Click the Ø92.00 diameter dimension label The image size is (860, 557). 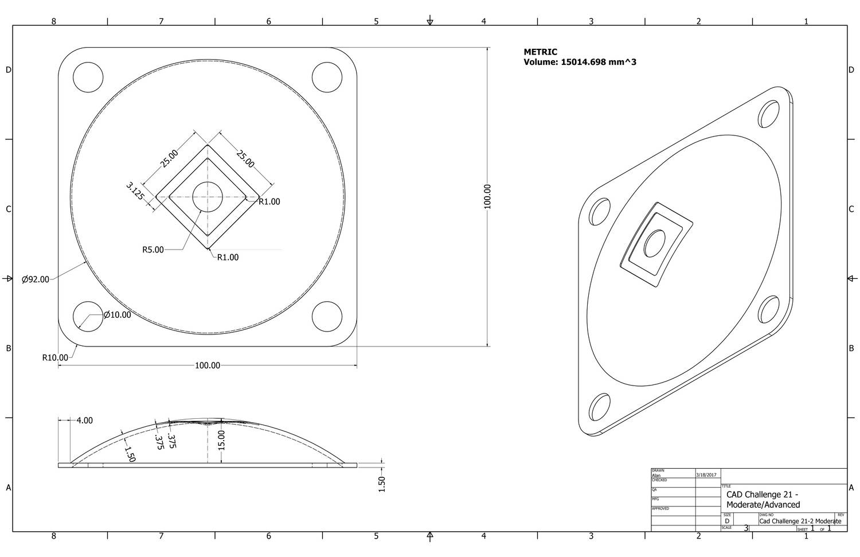pos(36,280)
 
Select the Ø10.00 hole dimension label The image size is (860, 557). pos(117,315)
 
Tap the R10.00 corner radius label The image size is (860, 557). pos(55,358)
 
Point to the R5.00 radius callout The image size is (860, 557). pos(153,250)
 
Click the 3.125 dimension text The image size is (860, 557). pos(135,190)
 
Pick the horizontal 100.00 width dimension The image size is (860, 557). pos(208,365)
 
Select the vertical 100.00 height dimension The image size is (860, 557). pos(487,196)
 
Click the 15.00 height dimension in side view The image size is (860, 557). pos(222,441)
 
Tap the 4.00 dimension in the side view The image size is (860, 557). pos(84,421)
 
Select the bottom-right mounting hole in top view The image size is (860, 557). pos(327,317)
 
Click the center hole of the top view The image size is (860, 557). pos(208,197)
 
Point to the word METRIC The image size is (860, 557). pos(540,52)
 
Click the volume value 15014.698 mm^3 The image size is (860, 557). pos(597,62)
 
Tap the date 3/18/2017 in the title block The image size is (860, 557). pos(706,475)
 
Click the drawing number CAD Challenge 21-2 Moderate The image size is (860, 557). pos(800,521)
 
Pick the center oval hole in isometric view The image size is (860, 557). pos(654,244)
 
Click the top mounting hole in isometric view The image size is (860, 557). pos(769,112)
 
